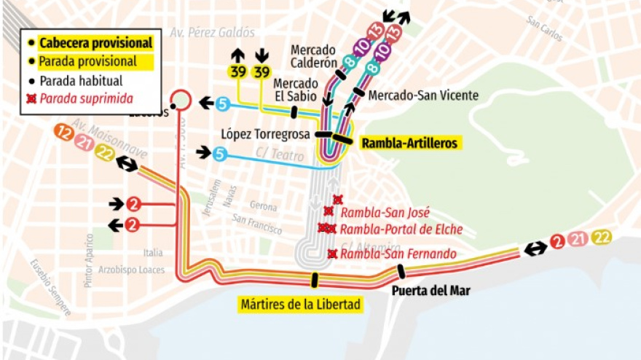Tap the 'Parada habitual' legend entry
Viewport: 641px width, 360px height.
coord(81,80)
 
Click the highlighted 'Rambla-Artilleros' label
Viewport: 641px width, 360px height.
coord(409,144)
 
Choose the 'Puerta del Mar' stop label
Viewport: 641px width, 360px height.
coord(430,291)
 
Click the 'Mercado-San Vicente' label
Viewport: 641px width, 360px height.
coord(423,95)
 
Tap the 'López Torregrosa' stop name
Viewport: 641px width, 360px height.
coord(267,134)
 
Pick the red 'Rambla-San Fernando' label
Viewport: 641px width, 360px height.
coord(398,254)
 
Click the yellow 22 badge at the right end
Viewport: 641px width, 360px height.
coord(602,238)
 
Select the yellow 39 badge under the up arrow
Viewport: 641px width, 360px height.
coord(237,71)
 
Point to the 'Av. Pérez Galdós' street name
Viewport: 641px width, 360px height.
coord(212,32)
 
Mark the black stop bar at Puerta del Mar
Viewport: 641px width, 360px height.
coord(401,272)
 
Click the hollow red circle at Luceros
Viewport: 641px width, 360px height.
coord(180,99)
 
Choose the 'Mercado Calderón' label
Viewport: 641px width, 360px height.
coord(312,56)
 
